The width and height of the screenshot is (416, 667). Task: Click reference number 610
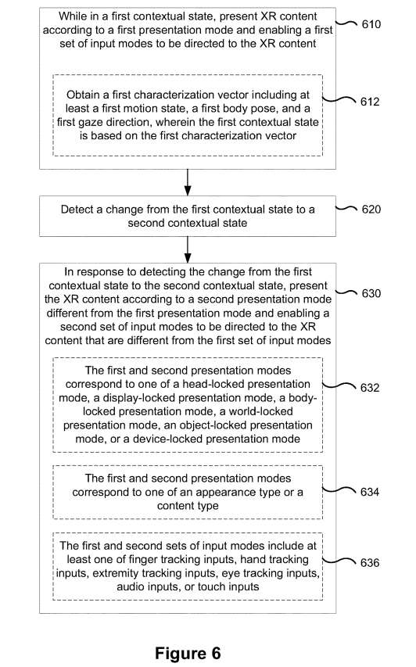371,24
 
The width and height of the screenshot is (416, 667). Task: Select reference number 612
370,102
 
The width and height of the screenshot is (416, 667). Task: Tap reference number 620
371,210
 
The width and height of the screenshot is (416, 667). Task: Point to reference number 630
371,293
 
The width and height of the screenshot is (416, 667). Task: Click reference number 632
370,388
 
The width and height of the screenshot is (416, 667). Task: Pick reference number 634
370,492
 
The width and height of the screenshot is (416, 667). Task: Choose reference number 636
370,563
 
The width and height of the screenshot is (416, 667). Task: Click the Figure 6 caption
188,653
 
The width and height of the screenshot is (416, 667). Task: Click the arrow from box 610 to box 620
188,182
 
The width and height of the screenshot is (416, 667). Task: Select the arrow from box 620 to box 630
188,249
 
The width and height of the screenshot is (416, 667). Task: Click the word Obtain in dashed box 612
83,95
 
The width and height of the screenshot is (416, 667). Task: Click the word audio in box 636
129,586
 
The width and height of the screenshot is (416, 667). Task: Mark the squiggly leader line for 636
339,561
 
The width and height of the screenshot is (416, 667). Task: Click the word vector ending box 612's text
282,136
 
